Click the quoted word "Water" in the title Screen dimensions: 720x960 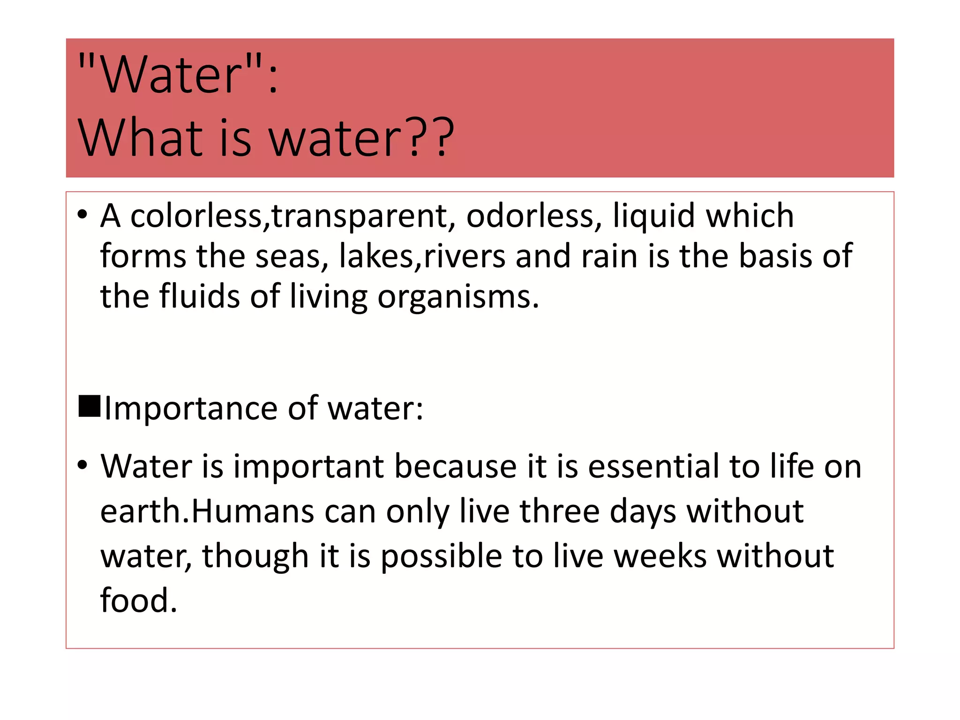tap(171, 74)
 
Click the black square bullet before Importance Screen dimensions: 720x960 tap(89, 406)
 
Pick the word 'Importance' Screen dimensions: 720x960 tap(191, 409)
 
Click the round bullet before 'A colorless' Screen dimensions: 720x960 tap(82, 215)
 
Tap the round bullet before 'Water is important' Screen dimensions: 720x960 tap(82, 465)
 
